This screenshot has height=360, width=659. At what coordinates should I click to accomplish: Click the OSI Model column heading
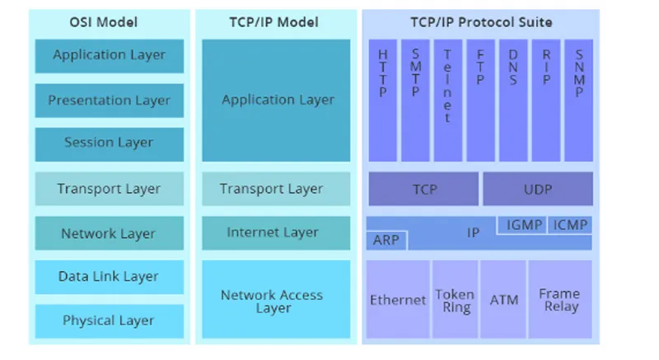(x=104, y=22)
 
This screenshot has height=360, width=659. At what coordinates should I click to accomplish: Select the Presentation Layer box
(x=110, y=101)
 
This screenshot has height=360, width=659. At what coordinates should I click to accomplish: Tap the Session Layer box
(x=110, y=144)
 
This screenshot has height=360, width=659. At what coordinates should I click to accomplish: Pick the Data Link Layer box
(x=110, y=277)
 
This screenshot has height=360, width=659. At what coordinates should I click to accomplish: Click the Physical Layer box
(x=110, y=321)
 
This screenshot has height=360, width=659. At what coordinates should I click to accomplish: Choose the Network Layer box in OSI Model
(x=110, y=233)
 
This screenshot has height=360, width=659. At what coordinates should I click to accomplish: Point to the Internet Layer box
(x=276, y=233)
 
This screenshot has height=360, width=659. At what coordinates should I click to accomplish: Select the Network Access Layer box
(x=276, y=299)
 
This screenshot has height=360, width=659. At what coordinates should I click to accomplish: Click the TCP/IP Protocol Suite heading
(x=481, y=22)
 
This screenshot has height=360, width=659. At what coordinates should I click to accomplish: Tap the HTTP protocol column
(x=382, y=101)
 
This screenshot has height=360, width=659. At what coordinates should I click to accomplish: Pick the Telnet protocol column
(x=448, y=101)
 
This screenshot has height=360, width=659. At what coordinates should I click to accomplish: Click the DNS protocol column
(x=513, y=101)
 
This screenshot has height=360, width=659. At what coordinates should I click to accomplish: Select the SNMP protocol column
(x=579, y=101)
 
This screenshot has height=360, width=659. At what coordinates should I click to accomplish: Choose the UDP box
(x=538, y=189)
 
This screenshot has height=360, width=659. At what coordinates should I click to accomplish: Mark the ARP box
(x=386, y=241)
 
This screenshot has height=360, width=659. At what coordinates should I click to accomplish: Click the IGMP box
(x=522, y=225)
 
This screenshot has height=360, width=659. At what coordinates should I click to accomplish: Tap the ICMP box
(x=570, y=225)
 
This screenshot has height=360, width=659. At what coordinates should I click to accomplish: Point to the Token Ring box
(x=456, y=299)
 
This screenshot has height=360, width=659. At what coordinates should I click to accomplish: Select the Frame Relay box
(x=560, y=299)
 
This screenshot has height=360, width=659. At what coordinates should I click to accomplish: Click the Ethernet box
(x=398, y=299)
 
